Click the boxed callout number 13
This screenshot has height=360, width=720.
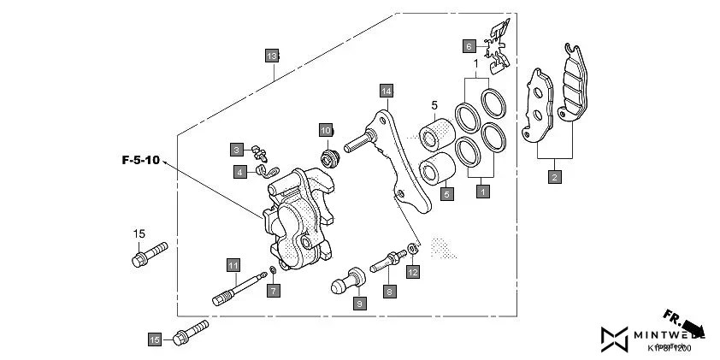pyautogui.click(x=272, y=56)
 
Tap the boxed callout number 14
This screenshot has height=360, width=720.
pyautogui.click(x=387, y=91)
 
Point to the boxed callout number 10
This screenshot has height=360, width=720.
pyautogui.click(x=326, y=130)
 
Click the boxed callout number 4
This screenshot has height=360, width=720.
pyautogui.click(x=241, y=171)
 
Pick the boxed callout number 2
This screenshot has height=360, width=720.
pyautogui.click(x=555, y=177)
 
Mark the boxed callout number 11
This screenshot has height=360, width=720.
pyautogui.click(x=232, y=263)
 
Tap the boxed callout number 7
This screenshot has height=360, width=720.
pyautogui.click(x=273, y=292)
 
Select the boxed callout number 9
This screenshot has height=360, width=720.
pyautogui.click(x=360, y=304)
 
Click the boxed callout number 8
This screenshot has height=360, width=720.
pyautogui.click(x=389, y=292)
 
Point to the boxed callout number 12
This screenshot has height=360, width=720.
pyautogui.click(x=413, y=272)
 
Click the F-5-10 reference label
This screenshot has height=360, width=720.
pyautogui.click(x=140, y=160)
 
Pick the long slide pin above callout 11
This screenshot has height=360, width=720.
pyautogui.click(x=237, y=287)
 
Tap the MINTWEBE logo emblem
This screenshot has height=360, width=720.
pyautogui.click(x=613, y=340)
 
